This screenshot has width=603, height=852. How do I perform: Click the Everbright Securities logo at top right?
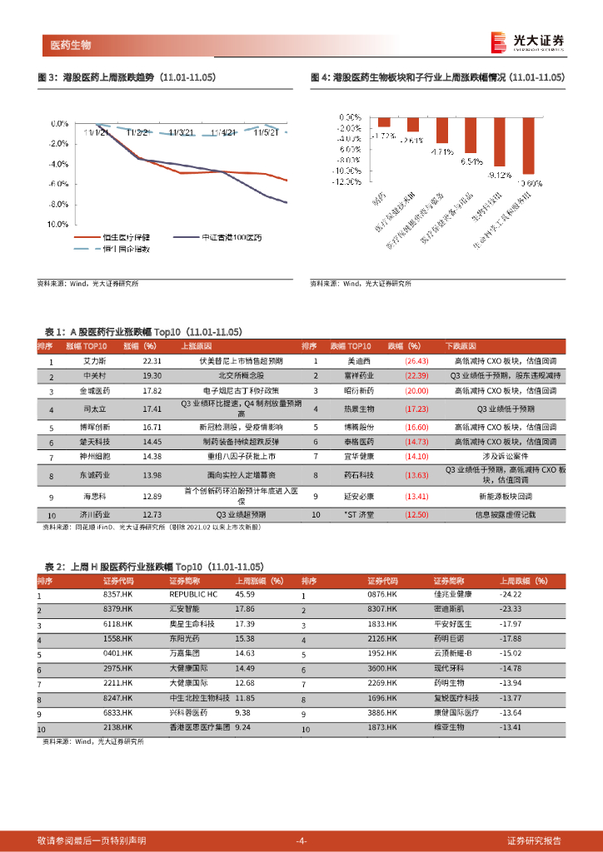click(528, 42)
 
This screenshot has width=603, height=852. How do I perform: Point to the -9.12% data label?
click(499, 175)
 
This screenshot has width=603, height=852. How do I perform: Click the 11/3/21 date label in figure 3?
click(182, 131)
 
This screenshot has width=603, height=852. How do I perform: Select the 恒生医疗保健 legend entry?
click(125, 237)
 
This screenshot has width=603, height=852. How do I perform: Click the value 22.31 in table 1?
click(152, 362)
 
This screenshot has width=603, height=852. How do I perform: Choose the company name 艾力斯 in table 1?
click(92, 362)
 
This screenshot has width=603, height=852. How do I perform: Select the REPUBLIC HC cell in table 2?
click(192, 595)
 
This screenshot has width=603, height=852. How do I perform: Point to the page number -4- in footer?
click(301, 840)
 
